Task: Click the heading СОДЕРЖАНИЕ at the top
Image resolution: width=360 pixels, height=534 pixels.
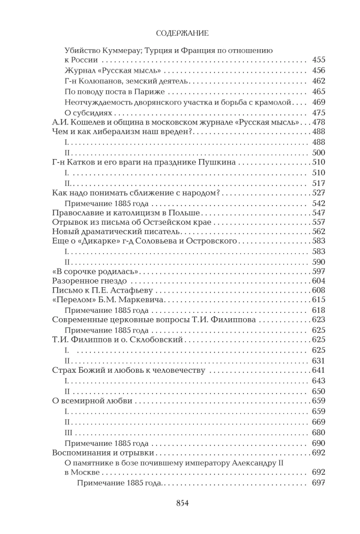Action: pos(179,34)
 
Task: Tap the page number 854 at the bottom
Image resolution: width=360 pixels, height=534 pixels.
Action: pos(179,502)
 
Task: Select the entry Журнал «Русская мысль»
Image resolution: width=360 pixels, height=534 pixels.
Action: pos(113,70)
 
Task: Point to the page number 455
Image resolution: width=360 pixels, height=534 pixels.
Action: pos(318,60)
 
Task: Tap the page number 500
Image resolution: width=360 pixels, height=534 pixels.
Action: pos(318,153)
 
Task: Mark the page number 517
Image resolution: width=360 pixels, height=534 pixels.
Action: pos(318,183)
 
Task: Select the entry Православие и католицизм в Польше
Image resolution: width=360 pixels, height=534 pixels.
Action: pos(126,213)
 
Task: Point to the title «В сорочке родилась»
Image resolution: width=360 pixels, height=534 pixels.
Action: pos(96,271)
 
